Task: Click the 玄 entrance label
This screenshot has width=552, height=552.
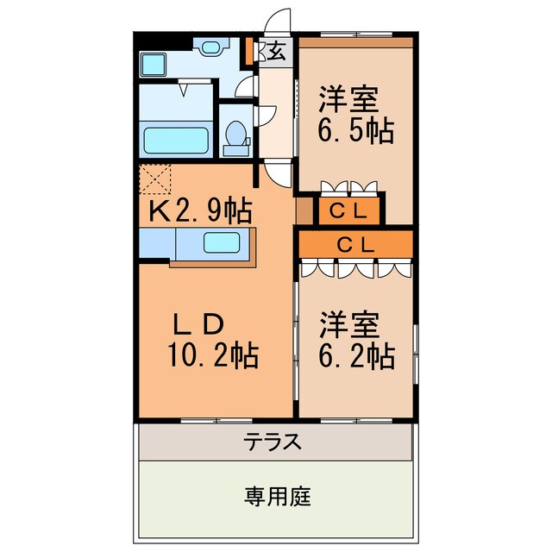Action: (x=276, y=51)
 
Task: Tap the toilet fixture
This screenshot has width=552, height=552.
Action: (x=235, y=136)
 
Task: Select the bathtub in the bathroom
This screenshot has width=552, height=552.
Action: (x=176, y=139)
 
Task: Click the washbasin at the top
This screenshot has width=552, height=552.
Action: (x=210, y=47)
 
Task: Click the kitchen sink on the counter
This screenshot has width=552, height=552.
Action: (x=223, y=241)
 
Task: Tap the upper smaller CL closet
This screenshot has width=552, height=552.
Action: (x=350, y=209)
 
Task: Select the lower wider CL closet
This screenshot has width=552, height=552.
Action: (x=355, y=244)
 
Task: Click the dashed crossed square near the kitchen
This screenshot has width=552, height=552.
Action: (x=156, y=179)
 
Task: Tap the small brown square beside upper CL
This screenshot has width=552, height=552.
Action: (x=304, y=209)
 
